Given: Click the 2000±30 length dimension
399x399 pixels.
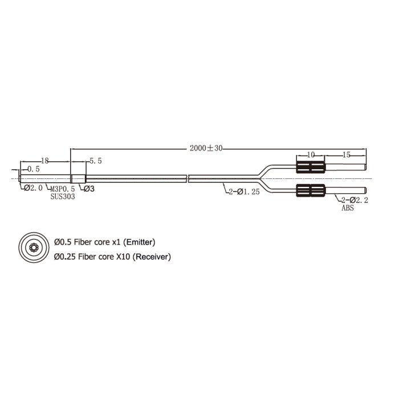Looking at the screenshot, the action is [206, 148].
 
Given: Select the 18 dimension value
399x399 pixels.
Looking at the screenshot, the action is [45, 161].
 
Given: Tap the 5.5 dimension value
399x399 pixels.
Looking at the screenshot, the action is [95, 161].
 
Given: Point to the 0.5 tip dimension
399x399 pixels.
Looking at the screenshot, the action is [33, 169].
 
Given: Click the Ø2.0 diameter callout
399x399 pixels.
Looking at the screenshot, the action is [33, 188].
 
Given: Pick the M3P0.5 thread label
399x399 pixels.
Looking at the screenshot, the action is [63, 189].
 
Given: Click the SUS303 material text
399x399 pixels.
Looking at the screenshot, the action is [63, 197].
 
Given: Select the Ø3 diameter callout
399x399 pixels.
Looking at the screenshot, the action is [89, 189].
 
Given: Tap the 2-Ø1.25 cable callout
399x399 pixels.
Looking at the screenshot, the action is [244, 192].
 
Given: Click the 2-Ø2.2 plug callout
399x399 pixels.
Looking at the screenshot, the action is [355, 200].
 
